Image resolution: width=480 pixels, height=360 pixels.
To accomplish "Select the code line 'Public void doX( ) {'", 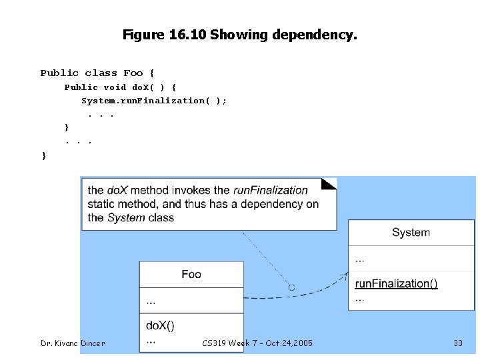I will tap(120, 87).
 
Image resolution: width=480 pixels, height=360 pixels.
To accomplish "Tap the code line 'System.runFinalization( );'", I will tap(154, 101).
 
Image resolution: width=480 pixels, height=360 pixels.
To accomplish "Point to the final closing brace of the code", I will tap(44, 155).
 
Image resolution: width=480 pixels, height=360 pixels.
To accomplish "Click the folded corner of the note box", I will tap(329, 183).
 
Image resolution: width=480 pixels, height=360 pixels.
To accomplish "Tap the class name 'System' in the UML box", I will tap(411, 233).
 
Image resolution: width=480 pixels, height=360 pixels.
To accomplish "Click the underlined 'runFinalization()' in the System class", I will tap(396, 283).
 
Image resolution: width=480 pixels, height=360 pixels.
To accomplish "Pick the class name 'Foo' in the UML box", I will tap(191, 274).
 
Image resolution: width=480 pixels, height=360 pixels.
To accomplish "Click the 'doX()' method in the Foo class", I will tap(160, 326).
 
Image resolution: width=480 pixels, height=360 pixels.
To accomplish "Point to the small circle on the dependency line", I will tap(291, 287).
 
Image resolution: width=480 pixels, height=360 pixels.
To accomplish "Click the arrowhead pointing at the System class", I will tap(345, 273).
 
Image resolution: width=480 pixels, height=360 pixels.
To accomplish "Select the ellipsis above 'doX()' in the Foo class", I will tap(151, 301).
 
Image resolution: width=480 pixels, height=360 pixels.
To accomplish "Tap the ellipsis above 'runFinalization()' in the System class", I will tap(360, 259).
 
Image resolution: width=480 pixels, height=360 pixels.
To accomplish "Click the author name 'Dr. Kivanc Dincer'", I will tap(73, 343).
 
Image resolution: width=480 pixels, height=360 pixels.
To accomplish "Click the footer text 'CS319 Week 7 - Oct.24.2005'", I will tap(257, 343).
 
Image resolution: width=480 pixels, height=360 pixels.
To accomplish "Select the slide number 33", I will tap(457, 343).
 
